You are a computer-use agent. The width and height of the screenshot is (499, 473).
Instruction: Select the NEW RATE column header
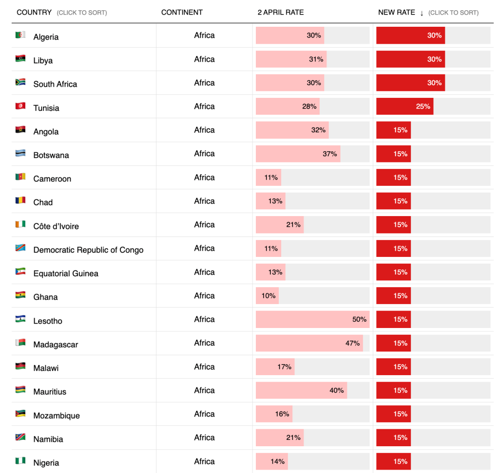click(x=396, y=12)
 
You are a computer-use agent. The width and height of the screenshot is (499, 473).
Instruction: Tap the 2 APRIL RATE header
click(x=280, y=12)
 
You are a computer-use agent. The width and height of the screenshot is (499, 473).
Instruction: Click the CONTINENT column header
click(x=182, y=12)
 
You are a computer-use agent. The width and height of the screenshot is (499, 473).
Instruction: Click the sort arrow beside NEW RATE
click(x=422, y=13)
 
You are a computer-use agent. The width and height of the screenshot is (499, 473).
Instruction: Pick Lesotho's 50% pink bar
click(x=312, y=319)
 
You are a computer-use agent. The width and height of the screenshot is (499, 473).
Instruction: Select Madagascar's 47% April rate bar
click(x=309, y=343)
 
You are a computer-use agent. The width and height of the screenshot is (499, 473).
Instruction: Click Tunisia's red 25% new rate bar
click(x=404, y=106)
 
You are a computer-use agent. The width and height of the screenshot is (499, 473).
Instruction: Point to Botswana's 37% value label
click(x=329, y=154)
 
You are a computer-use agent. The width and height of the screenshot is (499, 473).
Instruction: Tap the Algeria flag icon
click(x=20, y=35)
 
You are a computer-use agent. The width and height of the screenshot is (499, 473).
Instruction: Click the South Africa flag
click(x=20, y=82)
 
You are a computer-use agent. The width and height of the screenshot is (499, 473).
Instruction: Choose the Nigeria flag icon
click(x=20, y=461)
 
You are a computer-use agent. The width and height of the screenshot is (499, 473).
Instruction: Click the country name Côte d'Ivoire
click(x=56, y=226)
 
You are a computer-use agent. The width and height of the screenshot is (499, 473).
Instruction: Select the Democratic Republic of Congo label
click(x=88, y=250)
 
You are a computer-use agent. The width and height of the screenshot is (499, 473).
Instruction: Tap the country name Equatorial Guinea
click(x=66, y=273)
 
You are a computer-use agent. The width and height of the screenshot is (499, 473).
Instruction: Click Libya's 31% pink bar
click(x=291, y=59)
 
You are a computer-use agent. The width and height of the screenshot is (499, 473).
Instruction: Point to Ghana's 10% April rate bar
click(x=267, y=295)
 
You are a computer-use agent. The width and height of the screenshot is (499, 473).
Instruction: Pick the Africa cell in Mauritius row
click(x=204, y=390)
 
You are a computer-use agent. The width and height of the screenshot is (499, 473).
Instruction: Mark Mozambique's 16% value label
click(x=282, y=414)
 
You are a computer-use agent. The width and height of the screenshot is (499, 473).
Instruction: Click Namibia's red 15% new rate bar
click(x=393, y=437)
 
